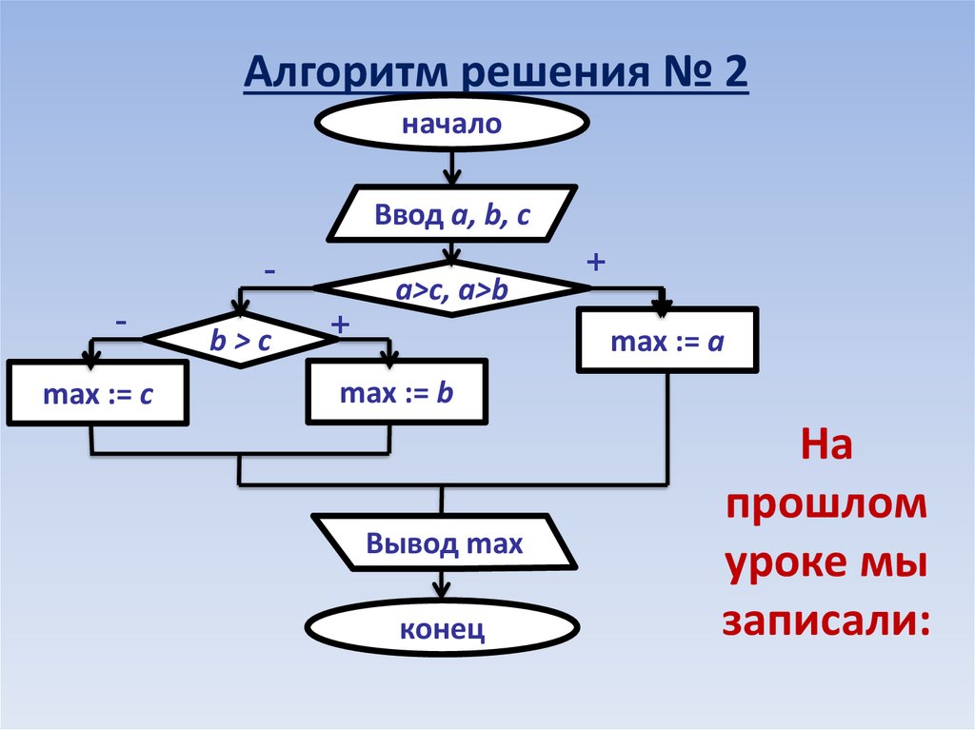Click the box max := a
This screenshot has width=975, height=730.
click(667, 340)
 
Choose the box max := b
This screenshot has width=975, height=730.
click(396, 390)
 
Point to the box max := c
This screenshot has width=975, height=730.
click(97, 392)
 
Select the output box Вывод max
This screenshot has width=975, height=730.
click(444, 544)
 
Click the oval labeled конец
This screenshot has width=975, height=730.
click(444, 628)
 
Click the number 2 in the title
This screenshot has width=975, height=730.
click(735, 74)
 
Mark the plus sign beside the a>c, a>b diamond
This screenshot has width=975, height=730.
click(597, 262)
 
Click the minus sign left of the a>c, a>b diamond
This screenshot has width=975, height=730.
click(271, 272)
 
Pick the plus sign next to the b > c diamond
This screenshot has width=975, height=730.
click(339, 326)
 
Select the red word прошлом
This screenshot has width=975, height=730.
click(825, 505)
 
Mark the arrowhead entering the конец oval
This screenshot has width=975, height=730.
click(442, 594)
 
